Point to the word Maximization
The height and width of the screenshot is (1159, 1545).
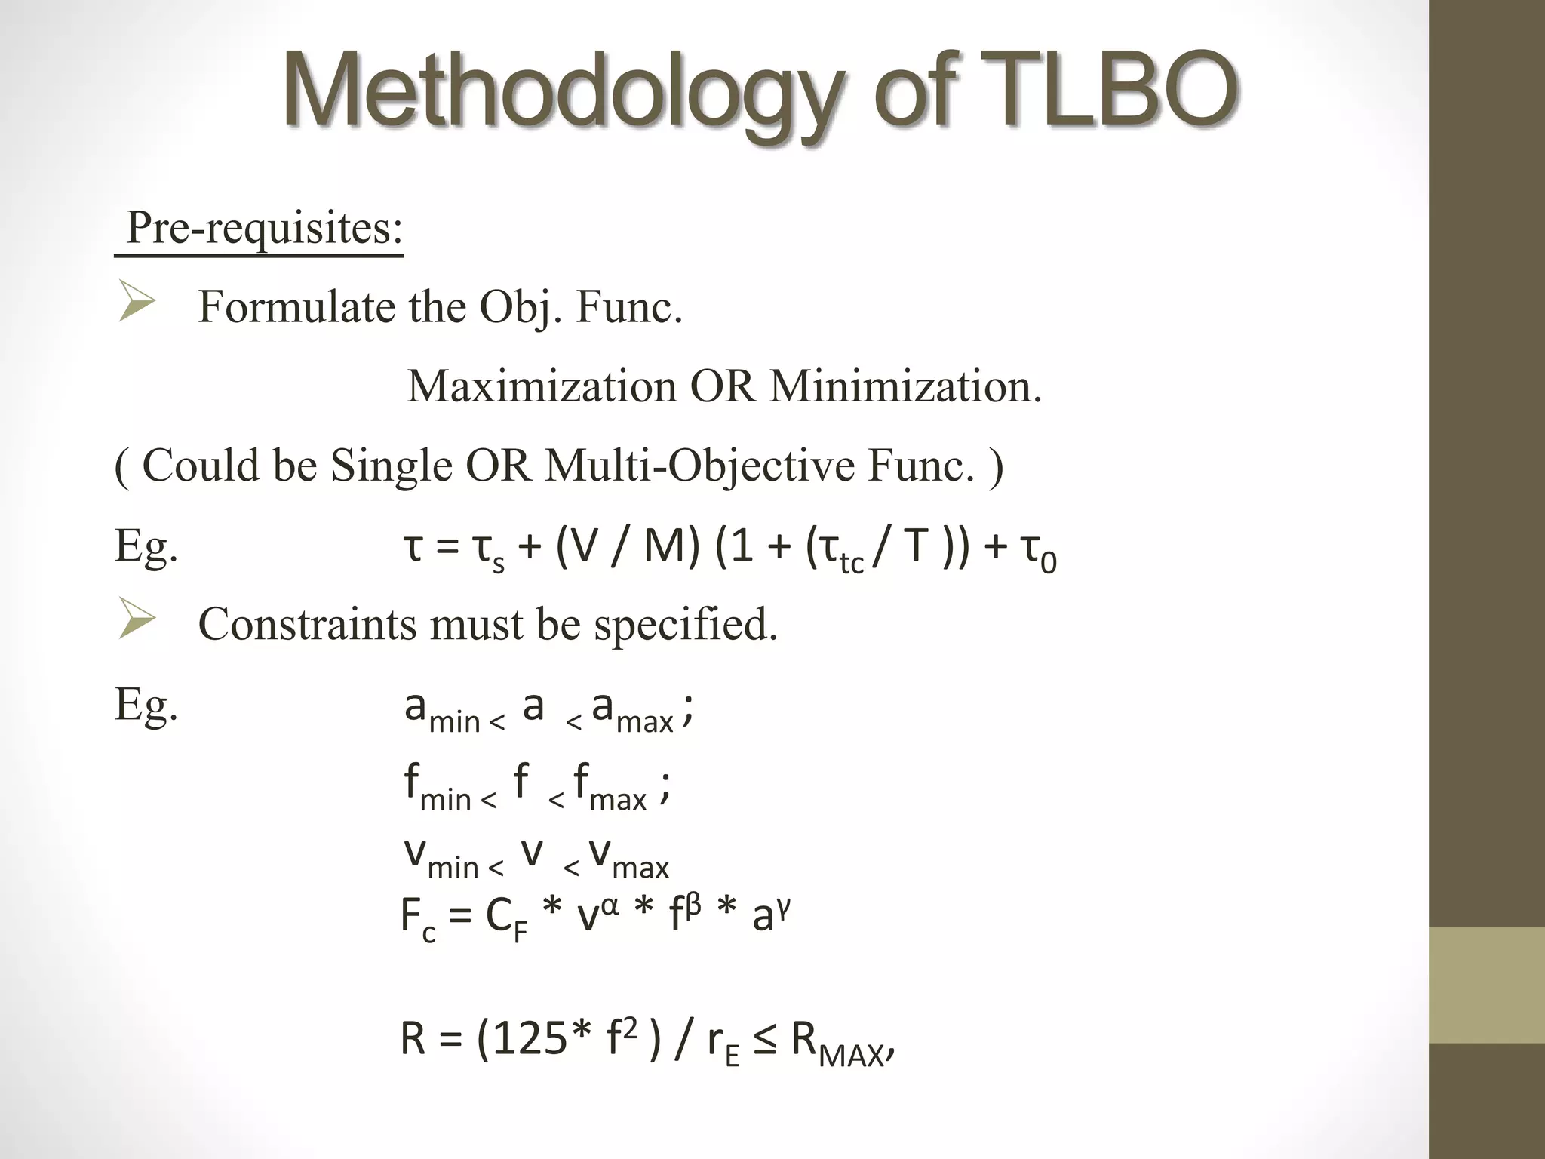click(542, 386)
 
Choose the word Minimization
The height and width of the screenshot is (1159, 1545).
click(905, 386)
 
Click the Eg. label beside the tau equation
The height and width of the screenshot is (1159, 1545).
click(146, 546)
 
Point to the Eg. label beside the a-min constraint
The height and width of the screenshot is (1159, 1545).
click(146, 705)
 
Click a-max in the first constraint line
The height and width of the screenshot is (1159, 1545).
click(632, 711)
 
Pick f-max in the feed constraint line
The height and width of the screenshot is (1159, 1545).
click(610, 788)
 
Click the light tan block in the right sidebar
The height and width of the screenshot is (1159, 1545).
click(1487, 985)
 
